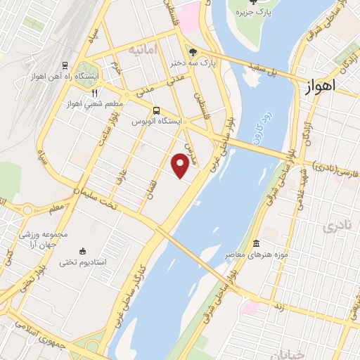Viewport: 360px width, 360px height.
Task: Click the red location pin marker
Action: [x=181, y=165]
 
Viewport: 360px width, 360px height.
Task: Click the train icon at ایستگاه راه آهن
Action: [x=65, y=66]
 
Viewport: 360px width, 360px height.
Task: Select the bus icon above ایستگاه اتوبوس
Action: [x=156, y=110]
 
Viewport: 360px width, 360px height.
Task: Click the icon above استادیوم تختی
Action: [x=83, y=251]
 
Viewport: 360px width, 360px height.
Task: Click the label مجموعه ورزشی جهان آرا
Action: [x=65, y=238]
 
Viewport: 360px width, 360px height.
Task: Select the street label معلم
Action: [x=56, y=209]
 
